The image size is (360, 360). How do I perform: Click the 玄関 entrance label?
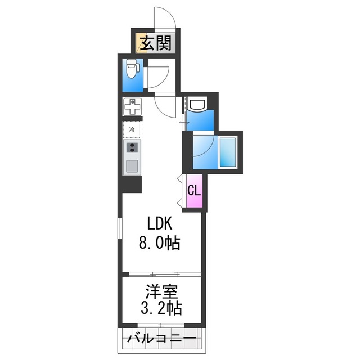[155, 43]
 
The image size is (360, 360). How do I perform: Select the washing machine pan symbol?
[133, 106]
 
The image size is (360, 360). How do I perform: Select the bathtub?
[229, 152]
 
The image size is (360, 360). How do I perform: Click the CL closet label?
[193, 190]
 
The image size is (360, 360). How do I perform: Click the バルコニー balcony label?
[161, 339]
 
